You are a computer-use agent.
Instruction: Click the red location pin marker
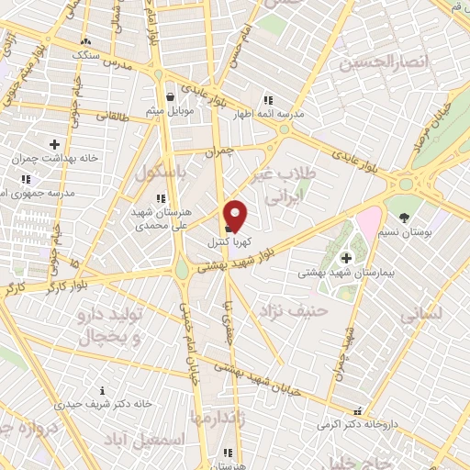(236, 216)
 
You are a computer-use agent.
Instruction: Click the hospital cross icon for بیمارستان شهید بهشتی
(345, 258)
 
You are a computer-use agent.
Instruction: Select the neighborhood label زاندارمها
(220, 418)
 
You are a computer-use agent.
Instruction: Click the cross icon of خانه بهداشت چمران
(54, 144)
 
